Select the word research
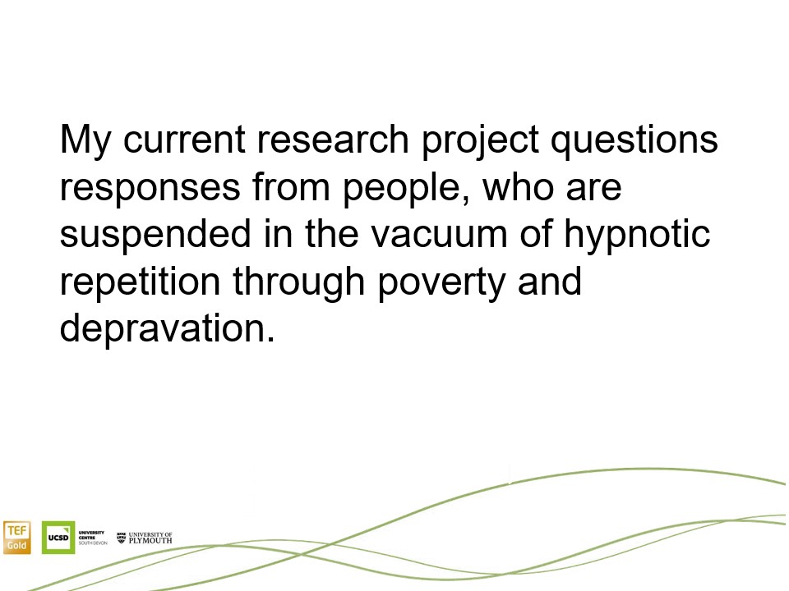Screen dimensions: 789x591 click(333, 140)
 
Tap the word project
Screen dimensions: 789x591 click(480, 141)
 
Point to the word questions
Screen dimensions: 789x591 click(634, 141)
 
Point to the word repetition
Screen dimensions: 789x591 click(140, 282)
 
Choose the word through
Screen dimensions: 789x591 click(299, 282)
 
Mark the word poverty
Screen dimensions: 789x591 click(441, 284)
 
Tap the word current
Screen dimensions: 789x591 click(183, 140)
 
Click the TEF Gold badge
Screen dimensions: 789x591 click(17, 538)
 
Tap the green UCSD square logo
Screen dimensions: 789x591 click(58, 538)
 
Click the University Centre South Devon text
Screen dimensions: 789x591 click(93, 538)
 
